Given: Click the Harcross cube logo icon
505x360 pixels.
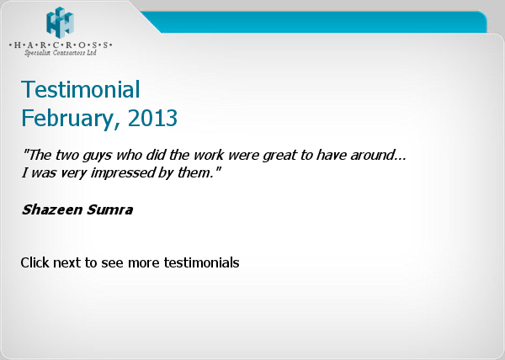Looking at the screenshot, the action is [60, 22].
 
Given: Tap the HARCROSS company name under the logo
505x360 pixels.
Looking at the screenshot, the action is [61, 45].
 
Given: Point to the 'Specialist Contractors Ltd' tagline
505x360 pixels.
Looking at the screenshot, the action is [61, 53].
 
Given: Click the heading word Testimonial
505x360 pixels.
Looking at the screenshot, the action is [81, 89].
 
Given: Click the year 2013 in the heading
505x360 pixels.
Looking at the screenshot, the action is [152, 118].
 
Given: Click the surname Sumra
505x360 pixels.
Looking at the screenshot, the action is [109, 209].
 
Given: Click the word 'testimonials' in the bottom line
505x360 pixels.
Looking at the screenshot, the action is [202, 262].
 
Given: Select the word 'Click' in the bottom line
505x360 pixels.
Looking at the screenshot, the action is [35, 262].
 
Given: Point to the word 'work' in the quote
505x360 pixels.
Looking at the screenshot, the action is [209, 155].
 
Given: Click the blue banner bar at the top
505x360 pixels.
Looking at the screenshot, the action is [314, 22].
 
